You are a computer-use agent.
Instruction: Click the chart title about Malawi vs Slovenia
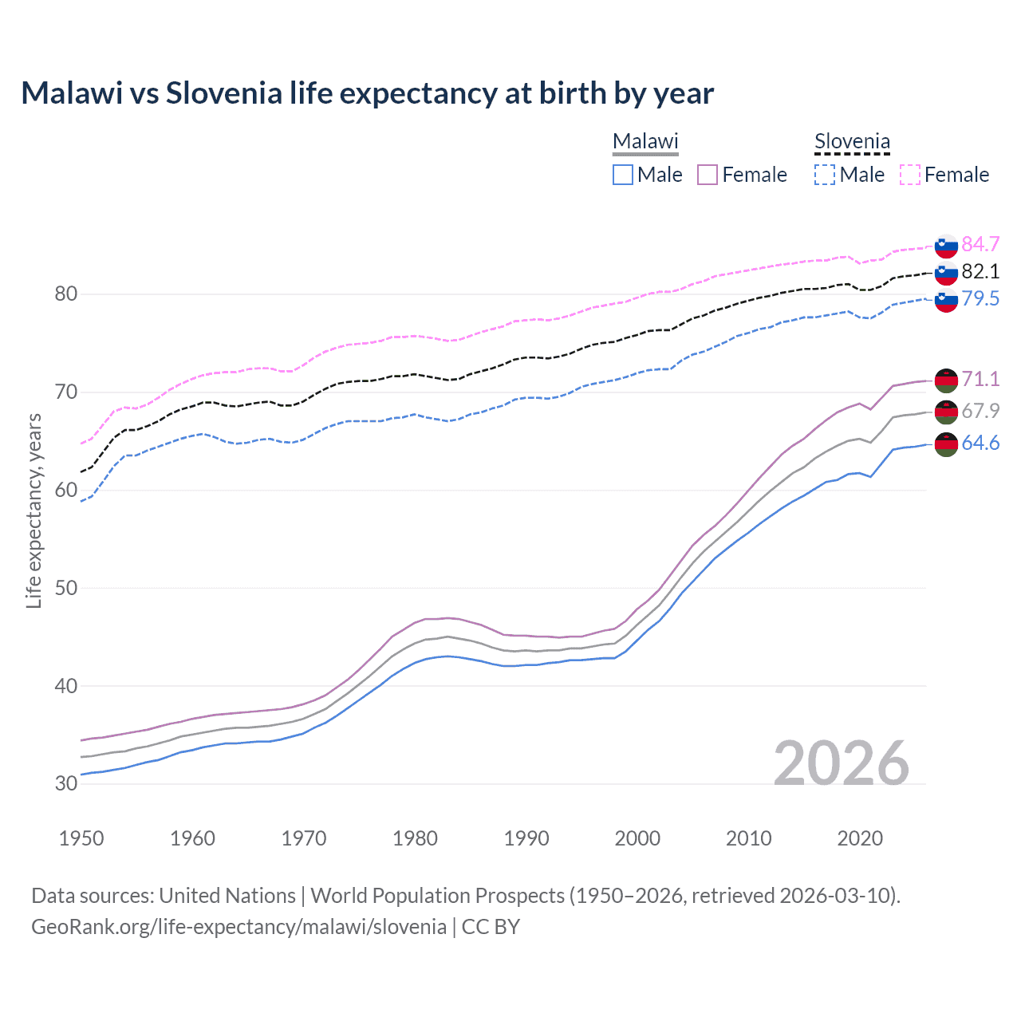pos(367,93)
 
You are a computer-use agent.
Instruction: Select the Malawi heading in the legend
pos(645,142)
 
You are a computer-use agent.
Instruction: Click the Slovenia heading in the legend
pos(851,142)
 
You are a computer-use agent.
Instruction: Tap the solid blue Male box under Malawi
pos(623,175)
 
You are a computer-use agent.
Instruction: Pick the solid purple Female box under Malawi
pos(708,175)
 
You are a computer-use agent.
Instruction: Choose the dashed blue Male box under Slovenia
pos(825,175)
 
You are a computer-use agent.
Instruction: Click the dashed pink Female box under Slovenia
pos(910,175)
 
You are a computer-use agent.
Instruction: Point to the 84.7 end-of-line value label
pos(980,244)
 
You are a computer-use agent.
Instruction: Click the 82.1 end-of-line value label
pos(980,271)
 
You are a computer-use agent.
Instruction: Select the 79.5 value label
pos(980,298)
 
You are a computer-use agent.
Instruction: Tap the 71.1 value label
pos(980,379)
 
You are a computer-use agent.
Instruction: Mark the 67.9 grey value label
pos(980,411)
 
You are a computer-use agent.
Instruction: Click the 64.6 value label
pos(980,443)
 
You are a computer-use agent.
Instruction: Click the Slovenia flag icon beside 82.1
pos(946,273)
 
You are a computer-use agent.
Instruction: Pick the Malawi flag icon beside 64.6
pos(946,444)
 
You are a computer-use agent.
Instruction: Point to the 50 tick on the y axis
pos(66,588)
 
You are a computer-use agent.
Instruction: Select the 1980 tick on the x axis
pos(415,838)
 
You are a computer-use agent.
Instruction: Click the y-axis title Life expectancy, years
pos(34,510)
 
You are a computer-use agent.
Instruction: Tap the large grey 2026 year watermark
pos(841,763)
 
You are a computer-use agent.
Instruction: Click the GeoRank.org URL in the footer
pos(238,926)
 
